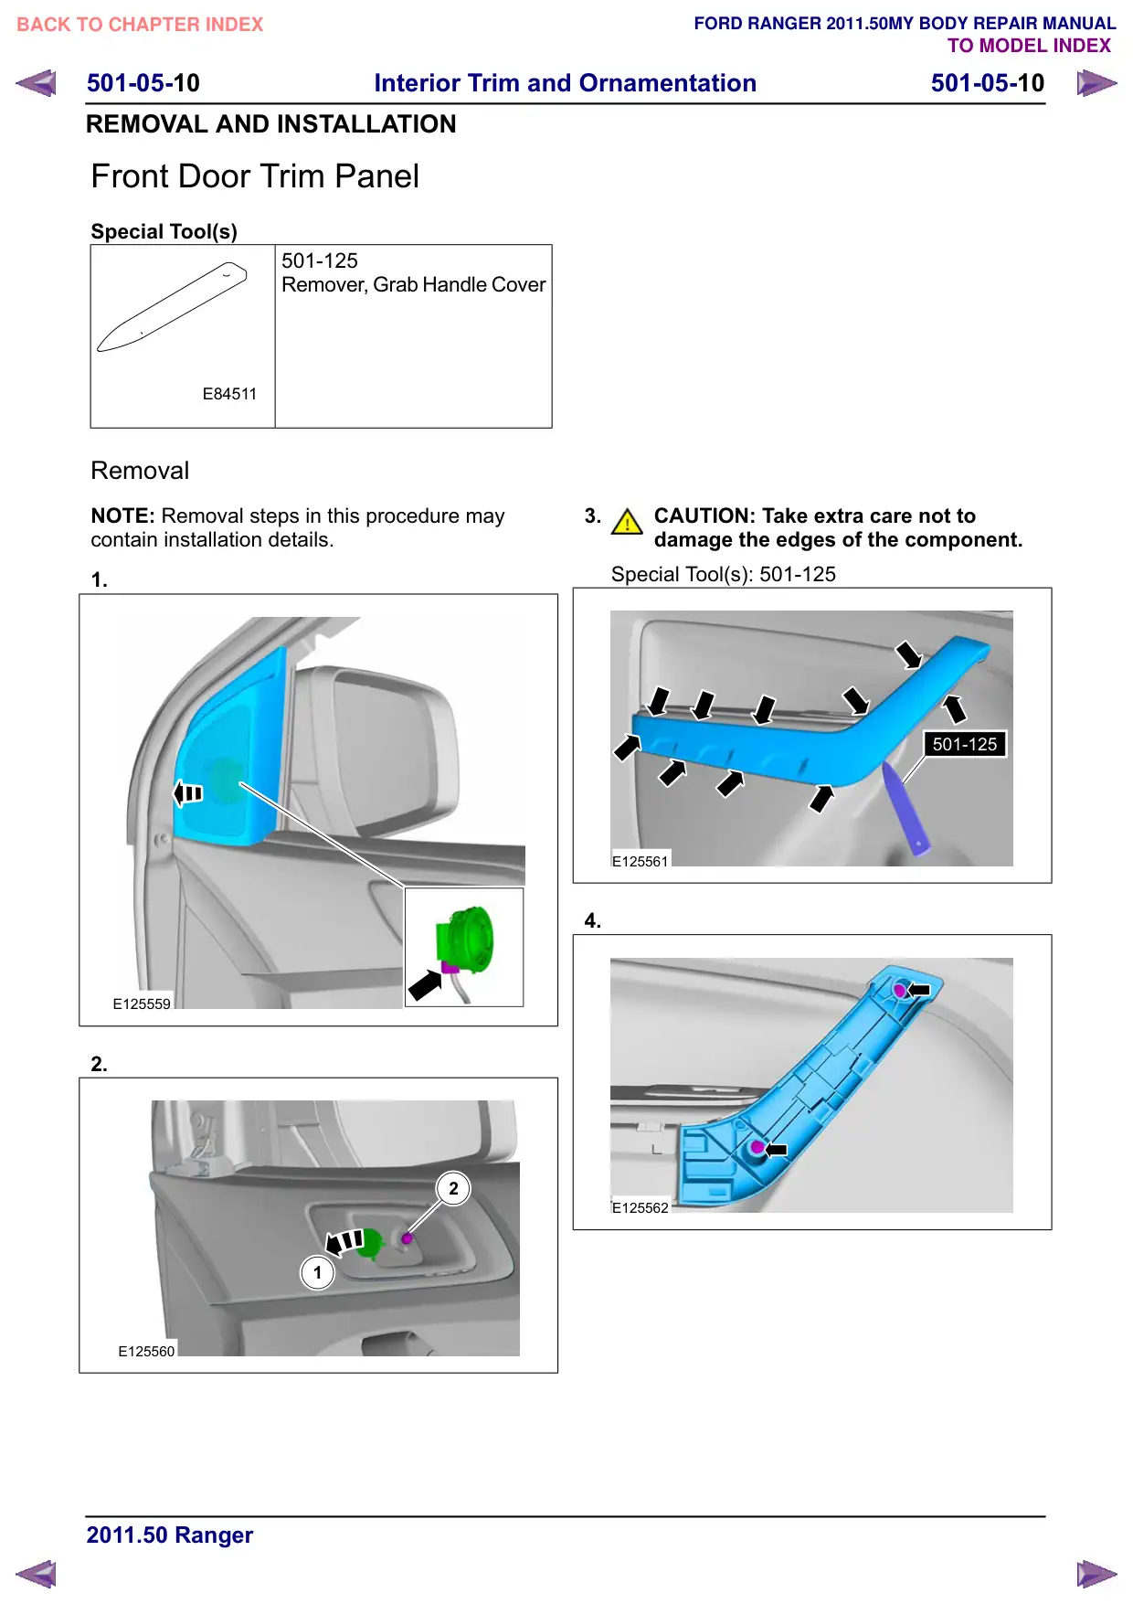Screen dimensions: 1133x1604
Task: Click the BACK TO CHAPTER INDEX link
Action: tap(140, 25)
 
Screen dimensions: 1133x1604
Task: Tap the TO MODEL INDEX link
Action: tap(1029, 46)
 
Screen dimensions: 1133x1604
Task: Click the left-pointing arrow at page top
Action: tap(36, 83)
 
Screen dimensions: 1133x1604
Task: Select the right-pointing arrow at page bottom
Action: tap(1096, 1574)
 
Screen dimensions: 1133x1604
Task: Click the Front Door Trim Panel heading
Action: tap(255, 176)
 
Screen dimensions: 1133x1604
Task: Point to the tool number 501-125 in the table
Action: tap(320, 260)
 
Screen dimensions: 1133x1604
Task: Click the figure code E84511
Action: tap(229, 394)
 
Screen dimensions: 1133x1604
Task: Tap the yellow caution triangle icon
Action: tap(627, 522)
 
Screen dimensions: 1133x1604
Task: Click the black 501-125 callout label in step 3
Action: tap(965, 744)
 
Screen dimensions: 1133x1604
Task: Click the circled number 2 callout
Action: tap(453, 1189)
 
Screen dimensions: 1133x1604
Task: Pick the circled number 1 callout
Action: tap(317, 1272)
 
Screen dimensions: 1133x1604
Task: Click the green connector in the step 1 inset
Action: tap(466, 940)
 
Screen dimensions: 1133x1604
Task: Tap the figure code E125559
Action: tap(142, 1004)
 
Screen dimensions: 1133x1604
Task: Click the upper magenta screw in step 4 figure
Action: tap(899, 990)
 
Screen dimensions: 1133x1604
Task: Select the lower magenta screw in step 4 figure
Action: tap(757, 1147)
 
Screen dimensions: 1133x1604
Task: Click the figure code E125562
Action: tap(641, 1208)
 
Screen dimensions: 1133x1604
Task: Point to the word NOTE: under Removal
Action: tap(122, 516)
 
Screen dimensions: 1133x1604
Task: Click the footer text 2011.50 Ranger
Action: tap(170, 1535)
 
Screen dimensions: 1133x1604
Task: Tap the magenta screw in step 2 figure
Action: tap(408, 1238)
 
